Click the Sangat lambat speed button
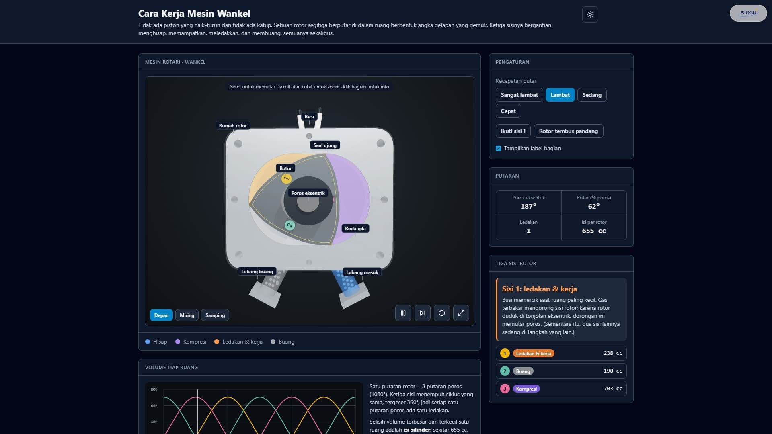tap(519, 95)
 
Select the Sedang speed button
tap(592, 95)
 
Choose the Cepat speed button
tap(508, 111)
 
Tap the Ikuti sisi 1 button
tap(513, 131)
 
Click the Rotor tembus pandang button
tap(569, 131)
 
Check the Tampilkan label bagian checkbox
tap(499, 148)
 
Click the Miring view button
tap(187, 315)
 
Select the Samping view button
tap(215, 315)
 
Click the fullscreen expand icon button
tap(461, 313)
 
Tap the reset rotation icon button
tap(442, 313)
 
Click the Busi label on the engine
tap(309, 117)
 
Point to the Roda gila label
tap(355, 229)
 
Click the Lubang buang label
tap(257, 272)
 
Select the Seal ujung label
tap(325, 145)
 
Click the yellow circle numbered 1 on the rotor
tap(286, 179)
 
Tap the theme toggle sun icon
tap(590, 14)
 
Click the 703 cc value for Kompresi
tap(613, 389)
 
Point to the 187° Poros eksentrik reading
tap(528, 206)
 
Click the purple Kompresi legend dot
tap(178, 342)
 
